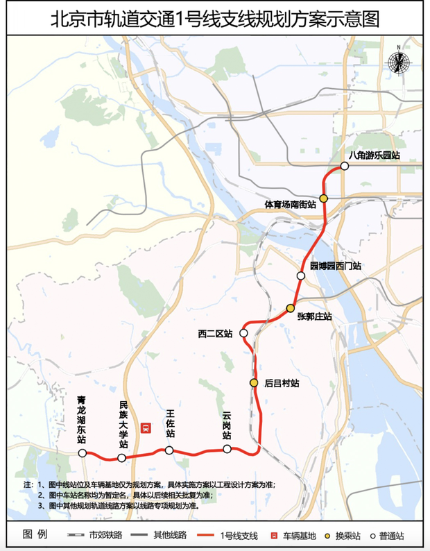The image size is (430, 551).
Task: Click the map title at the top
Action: pos(215,18)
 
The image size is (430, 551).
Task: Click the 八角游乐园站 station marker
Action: pos(345,166)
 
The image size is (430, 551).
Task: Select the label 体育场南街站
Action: pos(291,205)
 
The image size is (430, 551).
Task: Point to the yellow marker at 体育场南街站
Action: pos(324,198)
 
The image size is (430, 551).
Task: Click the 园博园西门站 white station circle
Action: pos(301,276)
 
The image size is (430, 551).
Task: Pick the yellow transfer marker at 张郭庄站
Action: pos(291,308)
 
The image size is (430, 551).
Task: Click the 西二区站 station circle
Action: pos(244,334)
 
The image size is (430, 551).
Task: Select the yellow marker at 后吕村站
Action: pos(255,382)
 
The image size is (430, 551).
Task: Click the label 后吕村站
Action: pos(282,383)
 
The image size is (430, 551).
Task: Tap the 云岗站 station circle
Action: pos(227,449)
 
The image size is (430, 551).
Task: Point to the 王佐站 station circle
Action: pos(169,450)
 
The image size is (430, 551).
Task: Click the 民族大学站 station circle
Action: pos(122,458)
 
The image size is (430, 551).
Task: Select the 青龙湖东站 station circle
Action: pos(83,453)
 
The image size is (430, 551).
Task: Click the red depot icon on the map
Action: pos(146,428)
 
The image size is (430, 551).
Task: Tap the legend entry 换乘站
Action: pos(342,536)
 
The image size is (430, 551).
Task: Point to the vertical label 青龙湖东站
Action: pos(82,420)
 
